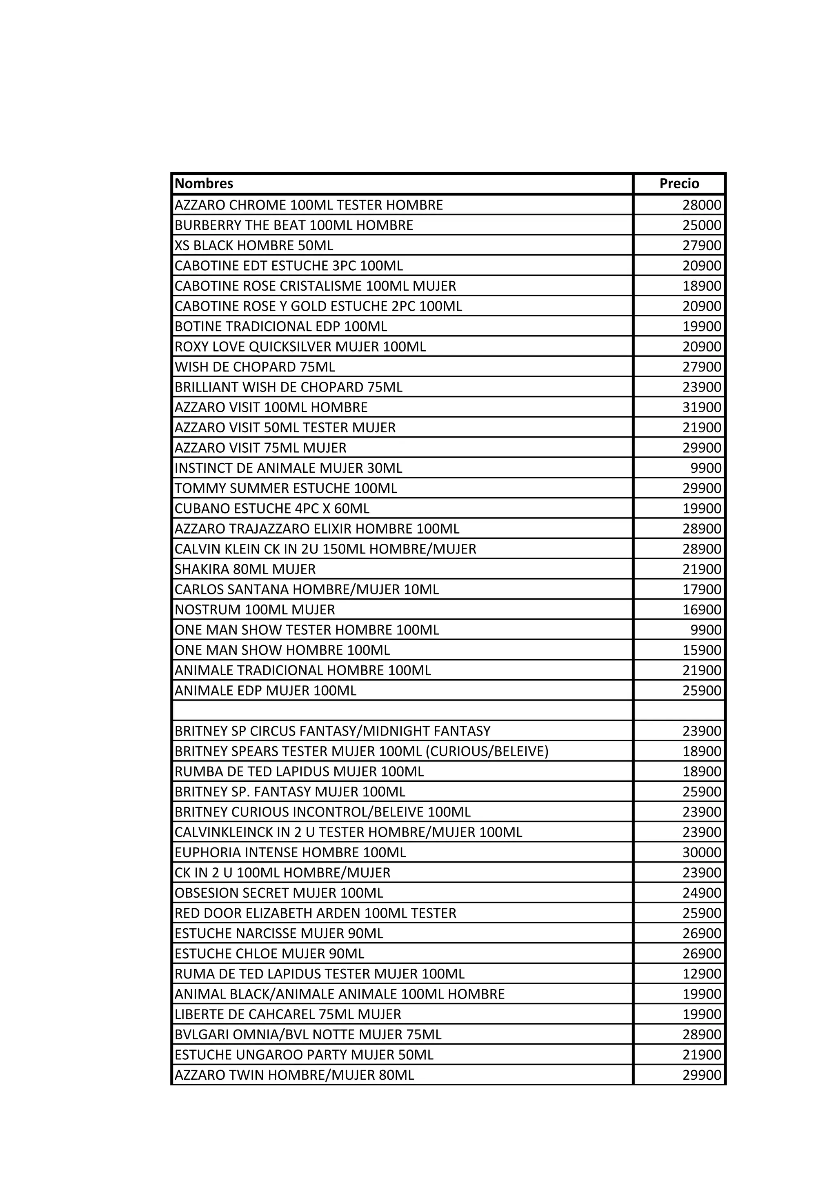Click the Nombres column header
click(x=204, y=183)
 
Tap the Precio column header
click(x=679, y=183)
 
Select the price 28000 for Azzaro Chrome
click(x=702, y=205)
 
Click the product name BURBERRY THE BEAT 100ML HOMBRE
click(x=293, y=225)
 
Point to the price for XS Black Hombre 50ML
click(x=702, y=245)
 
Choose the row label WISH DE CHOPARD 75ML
click(x=254, y=367)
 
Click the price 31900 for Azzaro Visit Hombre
click(x=702, y=407)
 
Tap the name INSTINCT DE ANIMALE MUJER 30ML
click(x=288, y=468)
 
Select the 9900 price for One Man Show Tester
click(x=706, y=629)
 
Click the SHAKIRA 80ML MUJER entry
click(x=245, y=569)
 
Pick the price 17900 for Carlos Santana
click(x=702, y=589)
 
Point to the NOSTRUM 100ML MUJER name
click(x=254, y=609)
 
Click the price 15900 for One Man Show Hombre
click(x=702, y=650)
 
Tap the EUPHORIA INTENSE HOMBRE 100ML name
click(x=290, y=852)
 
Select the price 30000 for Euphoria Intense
click(x=702, y=852)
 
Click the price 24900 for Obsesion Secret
click(x=702, y=892)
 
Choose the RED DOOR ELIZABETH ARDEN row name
click(x=315, y=913)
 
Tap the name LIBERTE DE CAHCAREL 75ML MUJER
click(x=287, y=1014)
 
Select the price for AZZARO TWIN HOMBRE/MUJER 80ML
click(x=702, y=1075)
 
